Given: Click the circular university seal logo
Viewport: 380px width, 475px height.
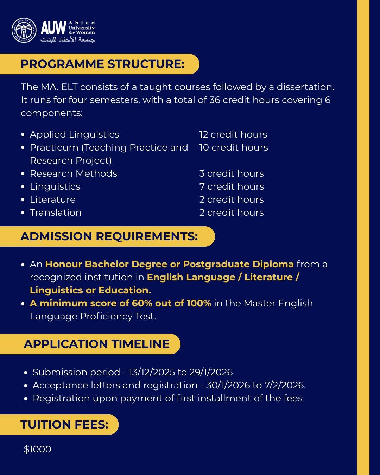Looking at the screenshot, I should pyautogui.click(x=24, y=30).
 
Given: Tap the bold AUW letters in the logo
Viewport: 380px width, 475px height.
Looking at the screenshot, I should pyautogui.click(x=53, y=28).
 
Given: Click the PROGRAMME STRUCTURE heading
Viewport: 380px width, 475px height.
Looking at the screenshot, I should pyautogui.click(x=102, y=64).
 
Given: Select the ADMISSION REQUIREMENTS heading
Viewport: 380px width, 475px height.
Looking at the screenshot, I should pyautogui.click(x=109, y=236).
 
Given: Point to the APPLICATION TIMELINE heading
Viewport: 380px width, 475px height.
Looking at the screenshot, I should pyautogui.click(x=97, y=344).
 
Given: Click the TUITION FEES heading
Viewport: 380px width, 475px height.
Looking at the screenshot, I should pyautogui.click(x=64, y=425).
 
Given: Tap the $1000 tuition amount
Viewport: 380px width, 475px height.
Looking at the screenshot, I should pyautogui.click(x=38, y=449).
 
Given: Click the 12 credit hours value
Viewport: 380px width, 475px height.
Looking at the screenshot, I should pyautogui.click(x=233, y=134).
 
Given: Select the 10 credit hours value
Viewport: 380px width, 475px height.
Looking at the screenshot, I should pyautogui.click(x=234, y=147).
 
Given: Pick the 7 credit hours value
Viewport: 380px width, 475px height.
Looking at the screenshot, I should pyautogui.click(x=232, y=186).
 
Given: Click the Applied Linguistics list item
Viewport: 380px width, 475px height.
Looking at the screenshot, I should pyautogui.click(x=74, y=134).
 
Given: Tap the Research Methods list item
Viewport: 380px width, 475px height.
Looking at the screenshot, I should pyautogui.click(x=73, y=173).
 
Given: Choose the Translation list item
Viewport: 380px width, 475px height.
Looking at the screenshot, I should pyautogui.click(x=56, y=213).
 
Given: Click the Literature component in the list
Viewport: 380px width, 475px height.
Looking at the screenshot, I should pyautogui.click(x=53, y=199).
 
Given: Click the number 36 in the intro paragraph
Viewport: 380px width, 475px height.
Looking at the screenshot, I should pyautogui.click(x=215, y=100).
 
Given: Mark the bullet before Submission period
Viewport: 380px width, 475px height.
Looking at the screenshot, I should pyautogui.click(x=26, y=373).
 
